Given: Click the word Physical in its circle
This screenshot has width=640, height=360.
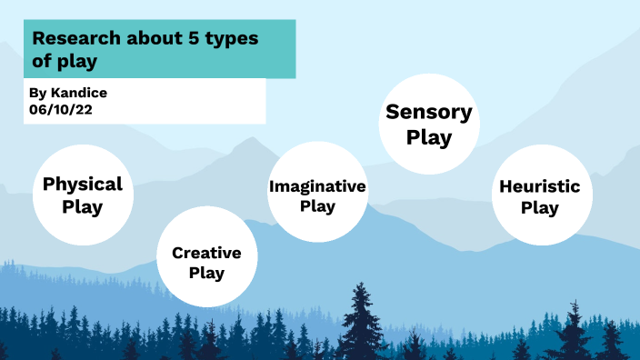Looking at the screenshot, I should tap(83, 185).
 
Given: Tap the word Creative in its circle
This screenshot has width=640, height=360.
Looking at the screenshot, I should tap(206, 253).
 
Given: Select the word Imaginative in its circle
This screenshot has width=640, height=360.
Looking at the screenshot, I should tap(317, 186).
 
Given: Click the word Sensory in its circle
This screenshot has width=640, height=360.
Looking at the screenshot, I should tap(429, 113).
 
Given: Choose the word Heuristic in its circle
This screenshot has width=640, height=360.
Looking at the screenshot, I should tap(539, 187).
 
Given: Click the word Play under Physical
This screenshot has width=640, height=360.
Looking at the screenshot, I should tap(83, 207).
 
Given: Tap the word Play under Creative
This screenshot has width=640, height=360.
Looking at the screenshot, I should tap(206, 273).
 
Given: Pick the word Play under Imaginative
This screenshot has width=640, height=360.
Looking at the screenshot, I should tap(317, 206).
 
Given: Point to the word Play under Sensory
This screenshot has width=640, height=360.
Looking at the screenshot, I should tap(429, 138).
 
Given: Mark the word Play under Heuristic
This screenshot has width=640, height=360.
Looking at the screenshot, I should tap(539, 208).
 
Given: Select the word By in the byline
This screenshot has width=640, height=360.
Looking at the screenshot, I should tap(36, 93).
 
